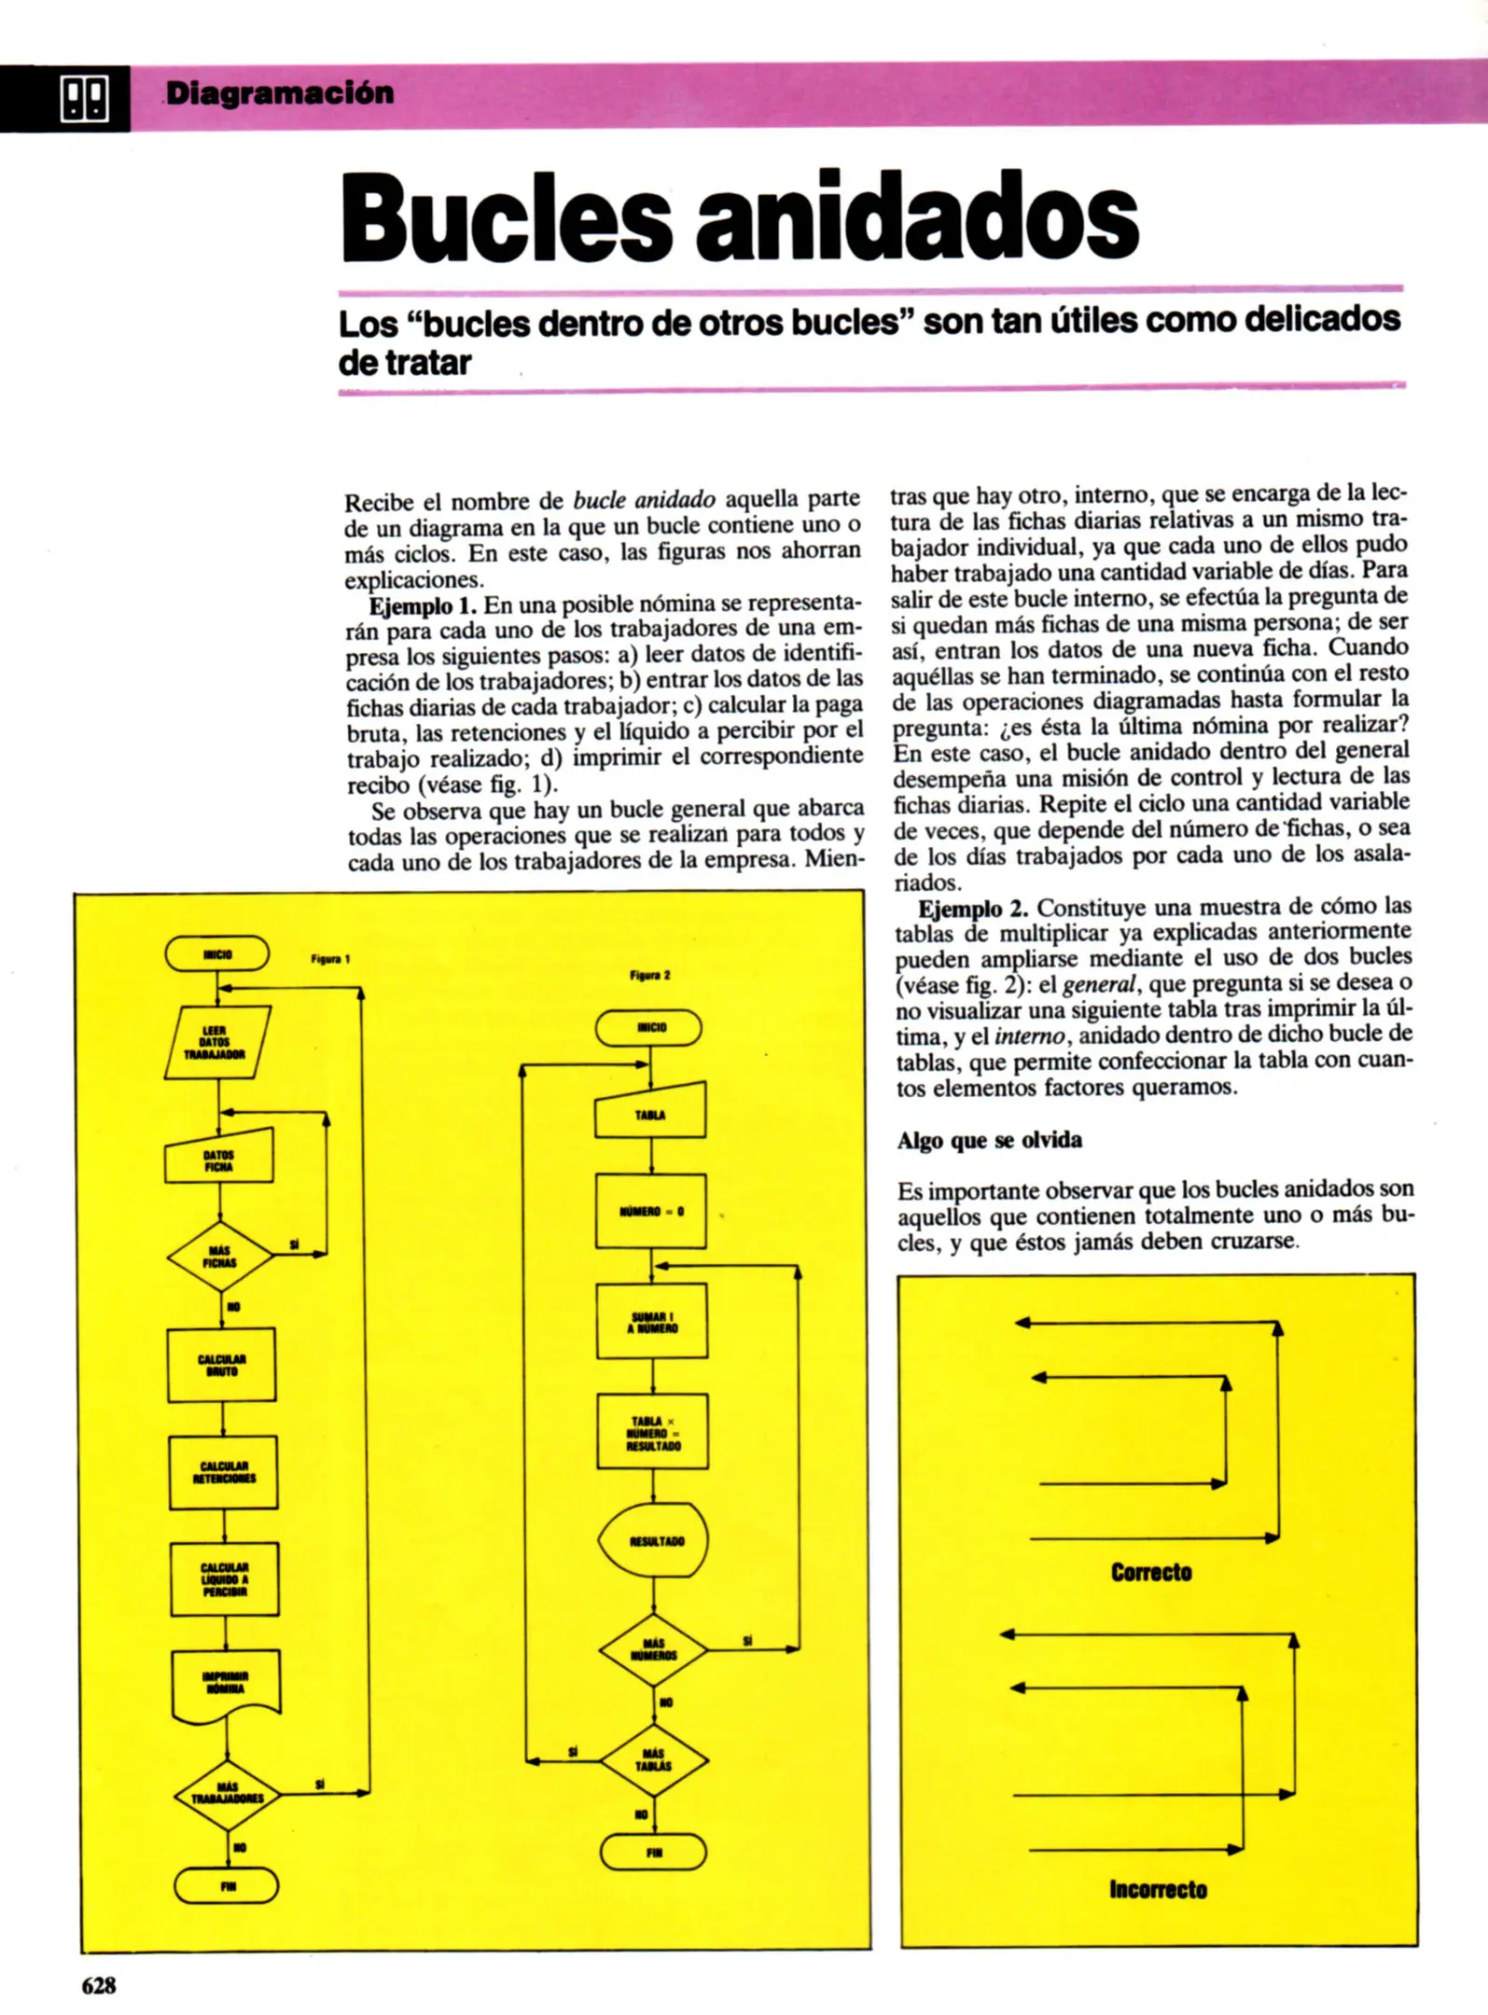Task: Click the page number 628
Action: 99,1985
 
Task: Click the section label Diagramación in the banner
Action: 280,93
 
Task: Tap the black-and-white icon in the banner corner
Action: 83,98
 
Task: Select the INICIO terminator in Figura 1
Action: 217,954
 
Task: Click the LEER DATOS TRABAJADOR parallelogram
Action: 216,1042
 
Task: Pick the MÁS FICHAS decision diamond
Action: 220,1257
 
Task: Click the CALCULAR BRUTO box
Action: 222,1365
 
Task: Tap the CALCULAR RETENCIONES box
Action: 224,1472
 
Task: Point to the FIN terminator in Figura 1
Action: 227,1886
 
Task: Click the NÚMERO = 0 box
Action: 651,1211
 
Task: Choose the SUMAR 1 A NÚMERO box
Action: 652,1321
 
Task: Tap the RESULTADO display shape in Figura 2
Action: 654,1540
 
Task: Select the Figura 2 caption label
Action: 649,975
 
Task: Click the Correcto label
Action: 1151,1573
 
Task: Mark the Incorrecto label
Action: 1158,1889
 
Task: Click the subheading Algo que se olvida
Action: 990,1140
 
